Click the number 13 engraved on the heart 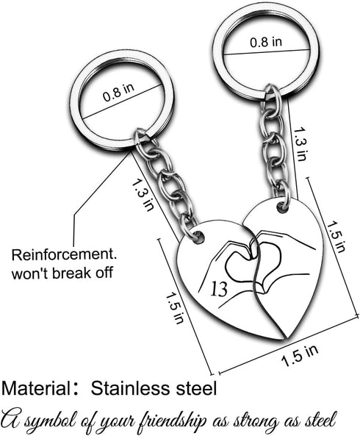219,289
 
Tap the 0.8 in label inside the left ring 118,92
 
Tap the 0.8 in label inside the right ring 266,42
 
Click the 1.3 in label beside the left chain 143,195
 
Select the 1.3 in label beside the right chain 300,144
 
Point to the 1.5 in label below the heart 300,356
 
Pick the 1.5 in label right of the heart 336,236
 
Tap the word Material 36,388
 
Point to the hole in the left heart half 199,237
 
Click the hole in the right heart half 283,207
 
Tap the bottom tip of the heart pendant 285,338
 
